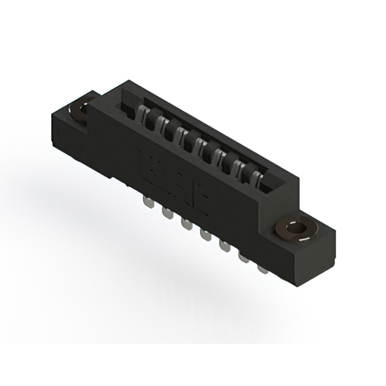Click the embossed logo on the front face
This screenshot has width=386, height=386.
click(x=174, y=181)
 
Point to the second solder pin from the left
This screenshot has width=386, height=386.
click(x=166, y=211)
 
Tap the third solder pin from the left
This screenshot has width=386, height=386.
click(x=185, y=223)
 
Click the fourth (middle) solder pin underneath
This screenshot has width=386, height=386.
click(x=205, y=234)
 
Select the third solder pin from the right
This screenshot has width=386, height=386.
click(x=224, y=245)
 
